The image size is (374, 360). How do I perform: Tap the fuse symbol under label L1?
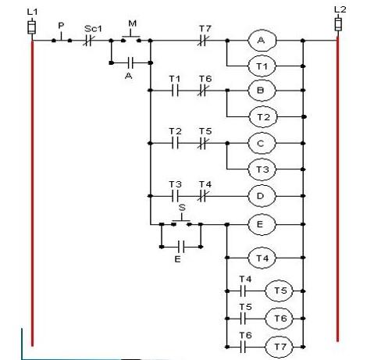coord(32,28)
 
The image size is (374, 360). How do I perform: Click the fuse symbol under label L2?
coord(338,24)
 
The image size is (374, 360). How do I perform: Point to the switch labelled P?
coord(60,38)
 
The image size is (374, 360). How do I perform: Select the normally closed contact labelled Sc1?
coord(88,39)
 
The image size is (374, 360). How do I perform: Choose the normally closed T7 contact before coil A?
coord(204,39)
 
